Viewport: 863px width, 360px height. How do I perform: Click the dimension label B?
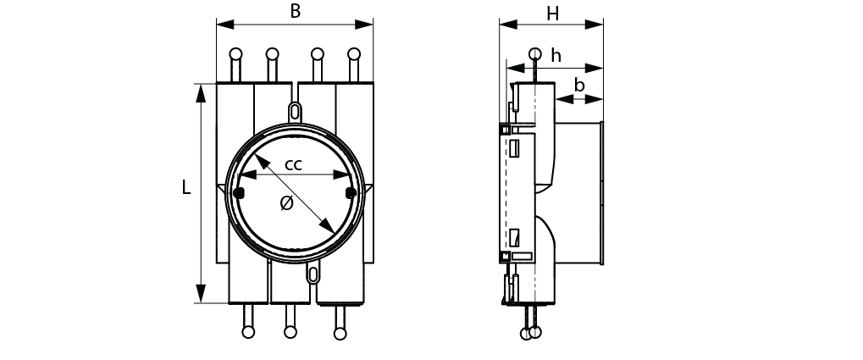tap(296, 11)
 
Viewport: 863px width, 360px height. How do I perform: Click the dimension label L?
tap(186, 188)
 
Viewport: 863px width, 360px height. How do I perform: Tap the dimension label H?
tap(552, 14)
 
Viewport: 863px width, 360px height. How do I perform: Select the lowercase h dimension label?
tap(556, 56)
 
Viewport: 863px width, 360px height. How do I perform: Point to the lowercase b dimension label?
tap(579, 86)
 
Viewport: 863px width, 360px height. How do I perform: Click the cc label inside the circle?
tap(293, 164)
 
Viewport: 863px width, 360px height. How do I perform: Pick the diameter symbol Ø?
tap(286, 203)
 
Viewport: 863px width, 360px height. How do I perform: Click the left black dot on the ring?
tap(239, 192)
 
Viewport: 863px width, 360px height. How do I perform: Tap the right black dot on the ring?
tap(351, 192)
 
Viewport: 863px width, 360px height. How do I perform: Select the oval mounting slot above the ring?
tap(295, 112)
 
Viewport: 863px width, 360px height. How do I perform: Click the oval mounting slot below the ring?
tap(313, 274)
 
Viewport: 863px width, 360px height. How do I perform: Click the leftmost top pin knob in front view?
tap(235, 54)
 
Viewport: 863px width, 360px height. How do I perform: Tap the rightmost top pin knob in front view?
tap(354, 54)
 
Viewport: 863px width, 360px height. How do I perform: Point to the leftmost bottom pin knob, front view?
tap(248, 333)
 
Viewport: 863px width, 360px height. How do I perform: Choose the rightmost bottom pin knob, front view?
tap(340, 334)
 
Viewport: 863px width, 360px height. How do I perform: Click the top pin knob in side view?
tap(535, 54)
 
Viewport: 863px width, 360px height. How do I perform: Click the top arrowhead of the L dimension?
tap(201, 93)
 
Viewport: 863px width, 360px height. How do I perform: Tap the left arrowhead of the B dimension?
tap(225, 25)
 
